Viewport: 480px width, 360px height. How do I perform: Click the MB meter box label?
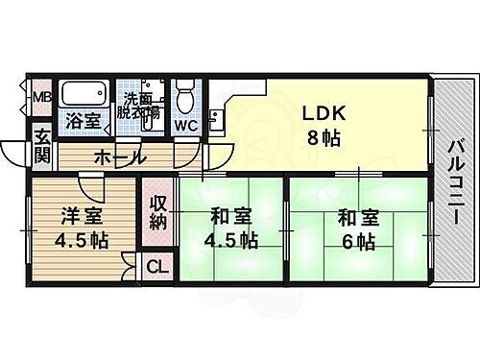pyautogui.click(x=43, y=97)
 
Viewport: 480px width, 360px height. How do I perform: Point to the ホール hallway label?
pyautogui.click(x=119, y=156)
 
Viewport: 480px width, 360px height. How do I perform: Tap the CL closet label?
pyautogui.click(x=156, y=263)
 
